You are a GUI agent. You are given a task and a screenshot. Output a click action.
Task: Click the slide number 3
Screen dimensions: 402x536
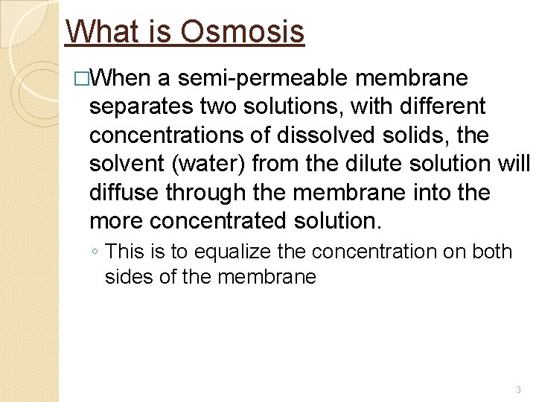[517, 389]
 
